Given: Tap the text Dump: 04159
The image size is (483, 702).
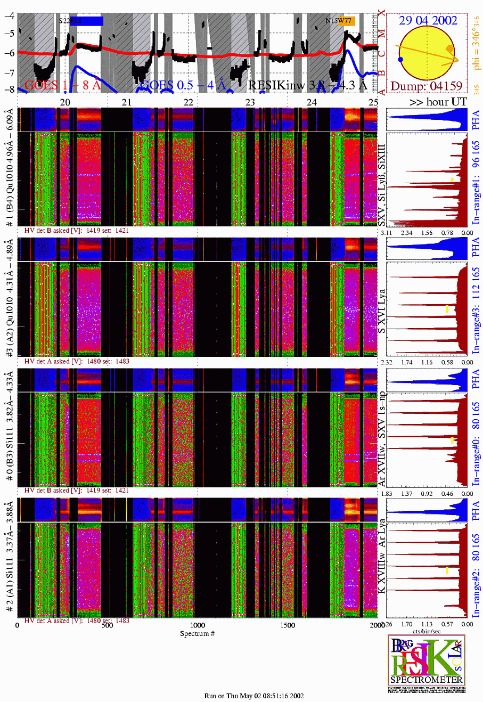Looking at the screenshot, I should pos(428,86).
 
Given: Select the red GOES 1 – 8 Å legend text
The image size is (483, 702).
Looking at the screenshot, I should pos(63,85).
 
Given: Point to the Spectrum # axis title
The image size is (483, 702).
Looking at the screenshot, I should pos(198,633).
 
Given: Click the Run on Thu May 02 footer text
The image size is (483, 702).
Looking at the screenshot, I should pos(255,696).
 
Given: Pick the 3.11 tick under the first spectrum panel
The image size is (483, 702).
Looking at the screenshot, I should pos(387,233).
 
